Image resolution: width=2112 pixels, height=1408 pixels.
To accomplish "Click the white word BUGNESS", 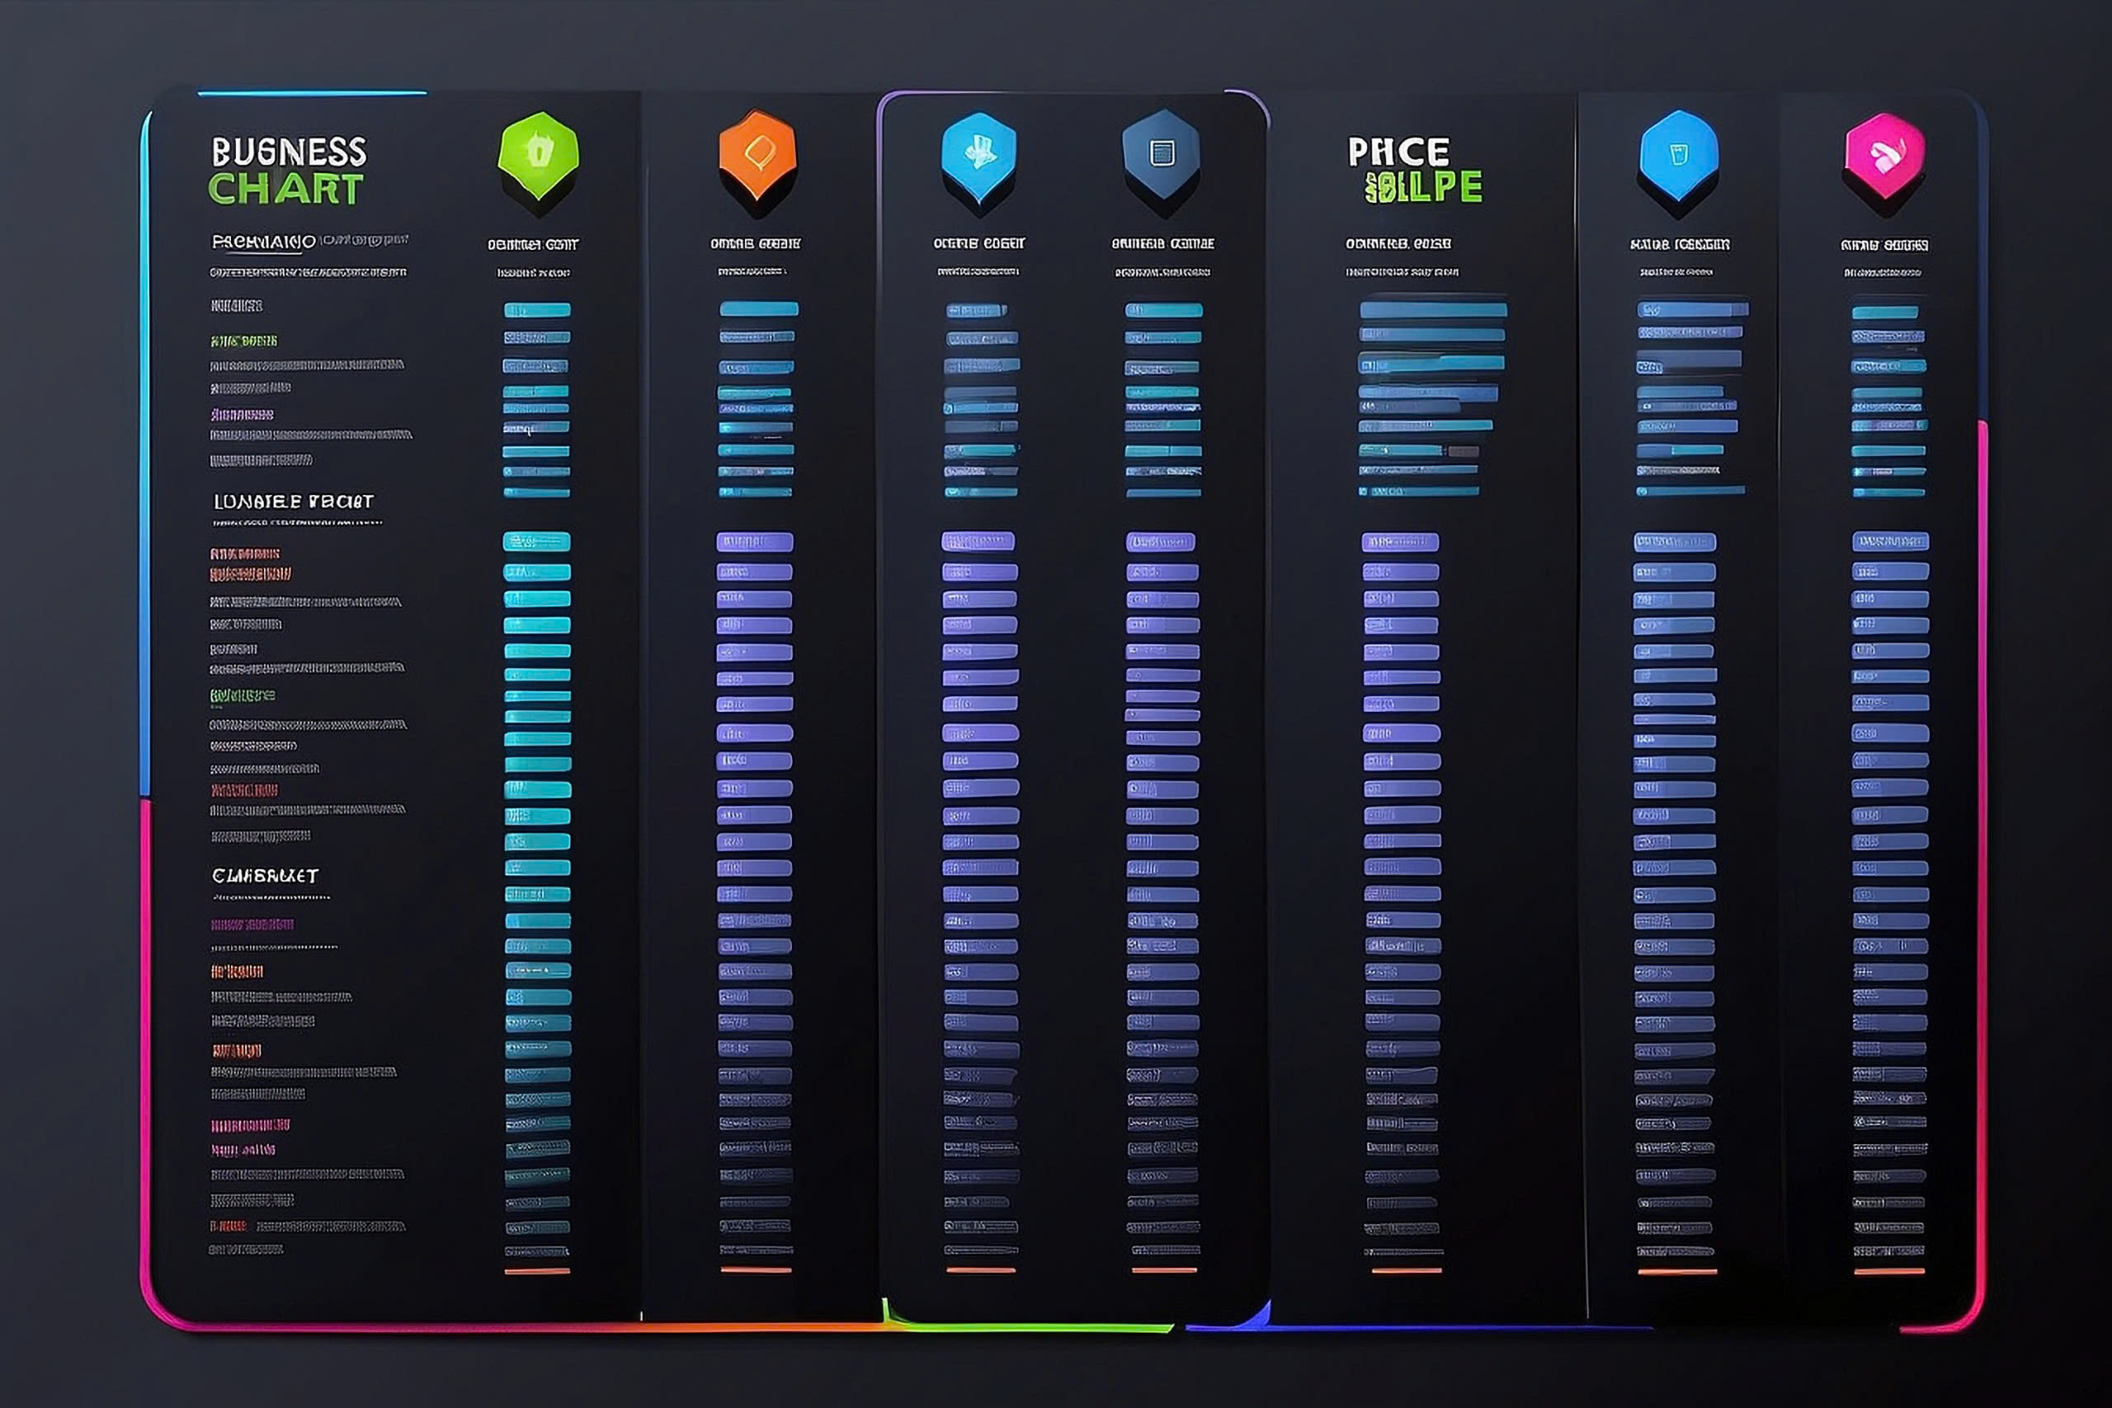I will [x=288, y=152].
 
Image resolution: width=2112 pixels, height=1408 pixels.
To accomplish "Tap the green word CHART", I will [x=285, y=190].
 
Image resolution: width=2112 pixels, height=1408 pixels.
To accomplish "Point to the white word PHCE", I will [x=1398, y=152].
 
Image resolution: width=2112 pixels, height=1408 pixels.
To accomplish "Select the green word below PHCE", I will [x=1423, y=186].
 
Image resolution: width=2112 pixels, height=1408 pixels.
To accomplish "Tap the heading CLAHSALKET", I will [x=265, y=875].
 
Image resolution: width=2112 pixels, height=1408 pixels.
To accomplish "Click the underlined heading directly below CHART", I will [x=263, y=242].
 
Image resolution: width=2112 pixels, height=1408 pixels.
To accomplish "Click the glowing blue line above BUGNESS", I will [x=312, y=92].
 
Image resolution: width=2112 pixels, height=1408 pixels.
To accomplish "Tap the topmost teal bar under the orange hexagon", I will [x=759, y=308].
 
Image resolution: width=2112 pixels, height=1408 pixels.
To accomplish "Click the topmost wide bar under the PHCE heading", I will [x=1433, y=310].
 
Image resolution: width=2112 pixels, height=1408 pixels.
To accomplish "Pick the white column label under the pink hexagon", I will [x=1884, y=245].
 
